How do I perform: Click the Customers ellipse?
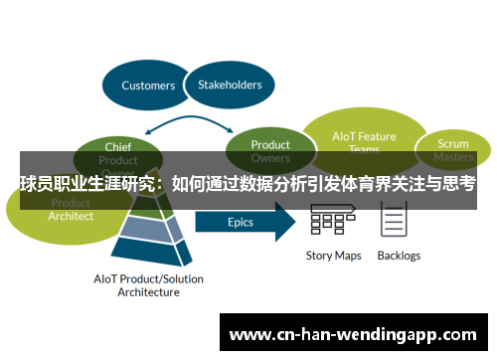pos(148,86)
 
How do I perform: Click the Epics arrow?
pos(244,222)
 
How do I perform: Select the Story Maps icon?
pos(333,221)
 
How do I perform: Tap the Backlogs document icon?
pos(394,220)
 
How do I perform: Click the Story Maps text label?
pos(333,256)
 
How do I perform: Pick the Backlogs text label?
pos(399,256)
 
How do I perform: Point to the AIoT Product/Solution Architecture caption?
pos(149,286)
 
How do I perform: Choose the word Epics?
pos(240,222)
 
